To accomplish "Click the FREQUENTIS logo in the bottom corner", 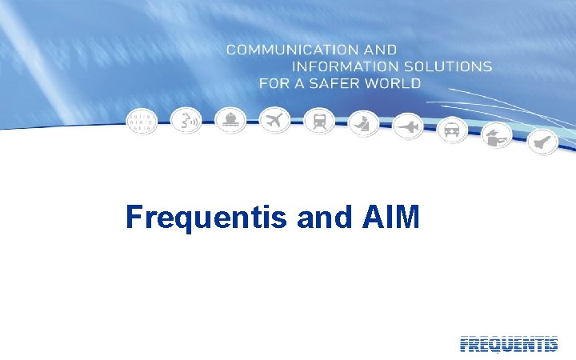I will click(509, 344).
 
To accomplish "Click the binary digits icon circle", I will click(143, 121).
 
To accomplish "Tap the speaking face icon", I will click(187, 121).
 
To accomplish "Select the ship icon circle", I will click(231, 120).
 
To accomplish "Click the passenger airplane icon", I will click(275, 121).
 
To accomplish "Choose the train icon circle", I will click(319, 122).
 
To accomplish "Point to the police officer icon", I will click(363, 123).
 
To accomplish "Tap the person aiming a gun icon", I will click(496, 134).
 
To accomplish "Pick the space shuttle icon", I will click(540, 141).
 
